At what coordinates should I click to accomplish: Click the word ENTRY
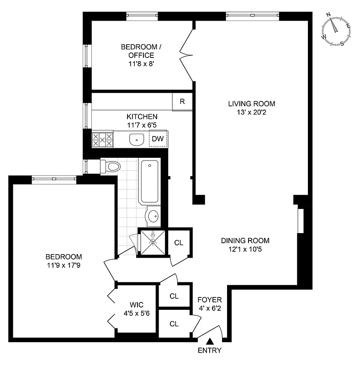(210, 350)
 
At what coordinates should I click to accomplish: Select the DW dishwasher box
(158, 139)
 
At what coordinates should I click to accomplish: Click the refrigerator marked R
(182, 102)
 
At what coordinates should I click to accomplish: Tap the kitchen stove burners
(102, 139)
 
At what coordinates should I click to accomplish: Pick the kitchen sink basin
(135, 139)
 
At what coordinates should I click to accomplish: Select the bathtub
(150, 182)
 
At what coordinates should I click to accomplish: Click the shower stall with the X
(153, 242)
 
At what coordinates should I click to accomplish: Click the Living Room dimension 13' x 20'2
(252, 112)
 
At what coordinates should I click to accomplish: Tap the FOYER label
(209, 300)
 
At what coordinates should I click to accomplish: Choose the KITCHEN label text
(142, 116)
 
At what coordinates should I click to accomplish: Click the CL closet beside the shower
(179, 243)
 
